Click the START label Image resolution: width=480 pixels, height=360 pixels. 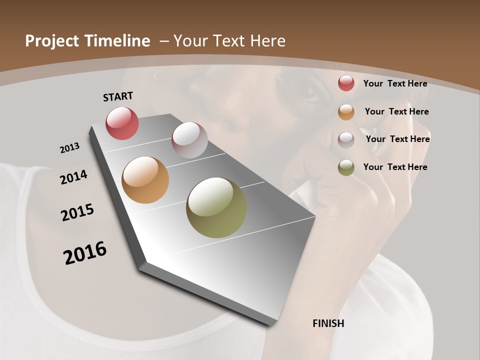pyautogui.click(x=118, y=96)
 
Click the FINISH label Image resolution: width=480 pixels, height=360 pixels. pyautogui.click(x=328, y=323)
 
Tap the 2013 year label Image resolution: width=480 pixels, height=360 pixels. pyautogui.click(x=69, y=148)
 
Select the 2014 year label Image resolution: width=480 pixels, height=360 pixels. pyautogui.click(x=73, y=177)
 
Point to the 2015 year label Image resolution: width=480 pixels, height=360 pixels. pyautogui.click(x=77, y=212)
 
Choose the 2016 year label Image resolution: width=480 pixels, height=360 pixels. pyautogui.click(x=85, y=252)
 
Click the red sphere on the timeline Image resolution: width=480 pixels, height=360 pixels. pyautogui.click(x=122, y=123)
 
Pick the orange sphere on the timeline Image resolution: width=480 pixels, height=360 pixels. pyautogui.click(x=145, y=180)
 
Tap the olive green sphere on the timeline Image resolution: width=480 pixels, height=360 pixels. pyautogui.click(x=216, y=207)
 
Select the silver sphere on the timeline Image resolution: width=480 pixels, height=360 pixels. pyautogui.click(x=189, y=139)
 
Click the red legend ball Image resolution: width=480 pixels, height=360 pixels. pyautogui.click(x=346, y=83)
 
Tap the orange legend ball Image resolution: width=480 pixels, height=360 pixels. pyautogui.click(x=346, y=112)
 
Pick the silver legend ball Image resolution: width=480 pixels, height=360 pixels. pyautogui.click(x=346, y=139)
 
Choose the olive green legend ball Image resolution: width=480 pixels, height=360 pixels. pyautogui.click(x=346, y=167)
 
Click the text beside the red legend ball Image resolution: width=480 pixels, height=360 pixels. pyautogui.click(x=395, y=83)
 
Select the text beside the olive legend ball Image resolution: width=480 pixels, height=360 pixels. pyautogui.click(x=395, y=167)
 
